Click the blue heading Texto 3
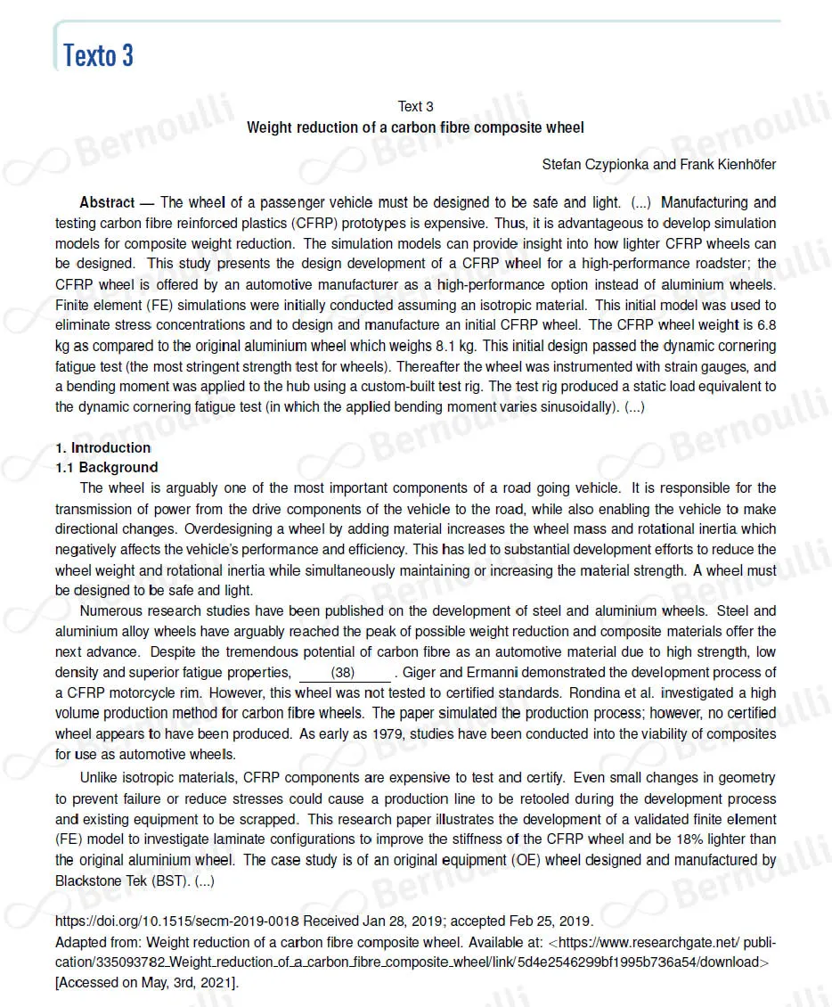pyautogui.click(x=98, y=55)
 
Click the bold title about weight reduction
pyautogui.click(x=415, y=127)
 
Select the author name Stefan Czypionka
pyautogui.click(x=592, y=165)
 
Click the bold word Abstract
pyautogui.click(x=107, y=203)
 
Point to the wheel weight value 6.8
pyautogui.click(x=765, y=325)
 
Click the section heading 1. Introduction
pyautogui.click(x=102, y=447)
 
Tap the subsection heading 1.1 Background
pyautogui.click(x=106, y=467)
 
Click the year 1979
pyautogui.click(x=361, y=733)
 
